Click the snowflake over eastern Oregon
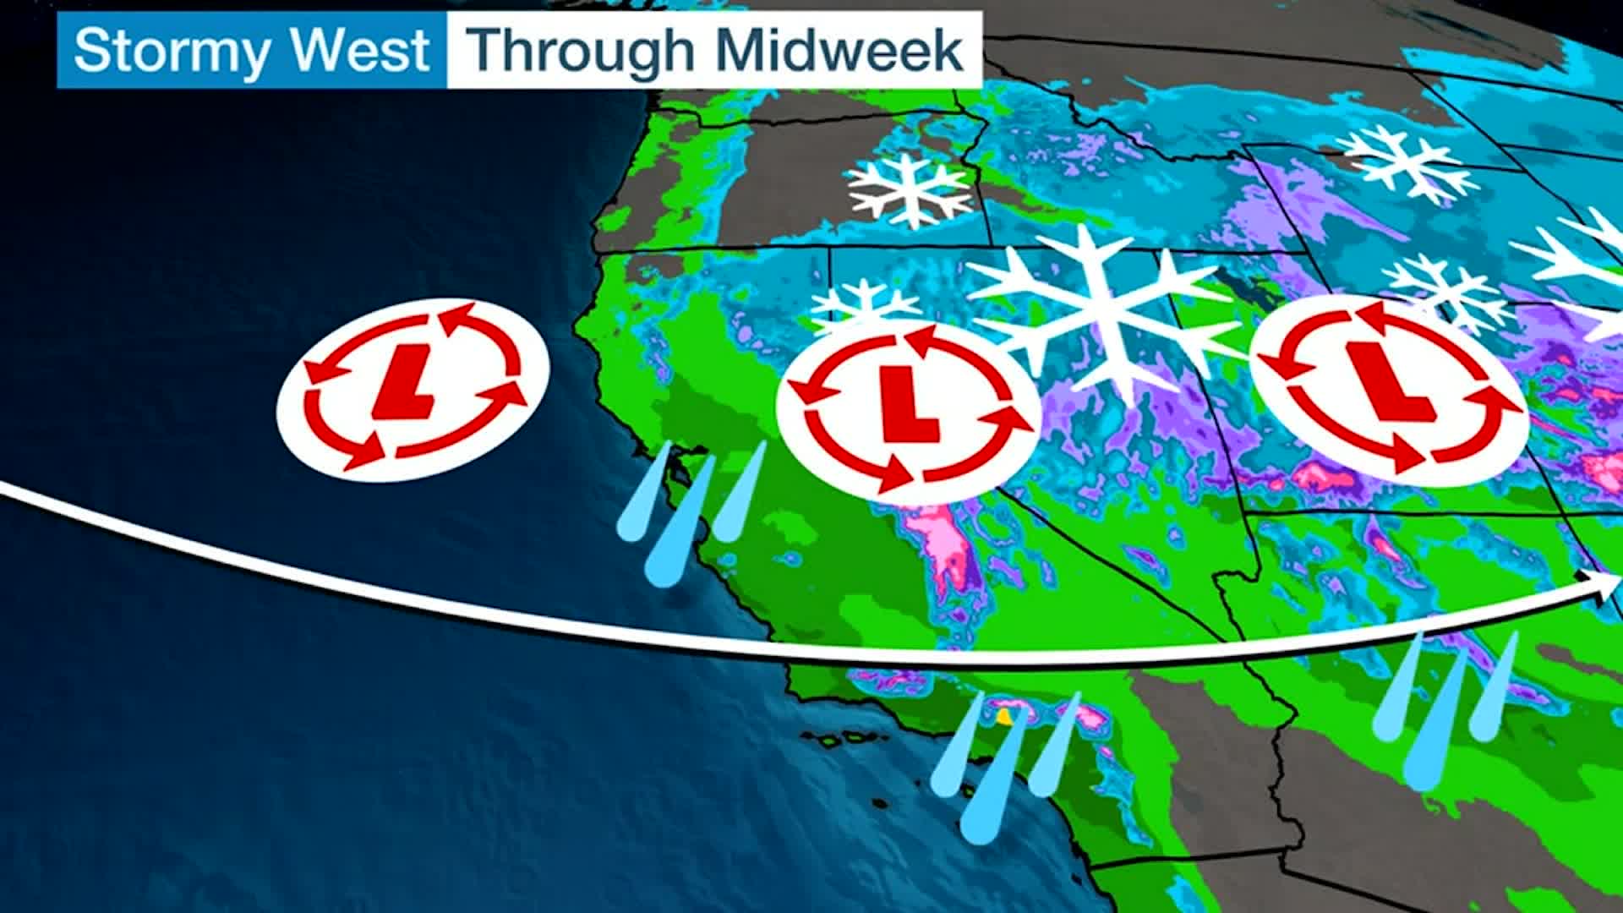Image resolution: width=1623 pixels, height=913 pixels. click(909, 189)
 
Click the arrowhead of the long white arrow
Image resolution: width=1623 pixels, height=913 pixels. click(1602, 586)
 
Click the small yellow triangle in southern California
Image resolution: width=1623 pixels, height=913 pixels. click(1003, 717)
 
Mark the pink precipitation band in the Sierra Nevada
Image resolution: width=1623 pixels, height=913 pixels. click(943, 541)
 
